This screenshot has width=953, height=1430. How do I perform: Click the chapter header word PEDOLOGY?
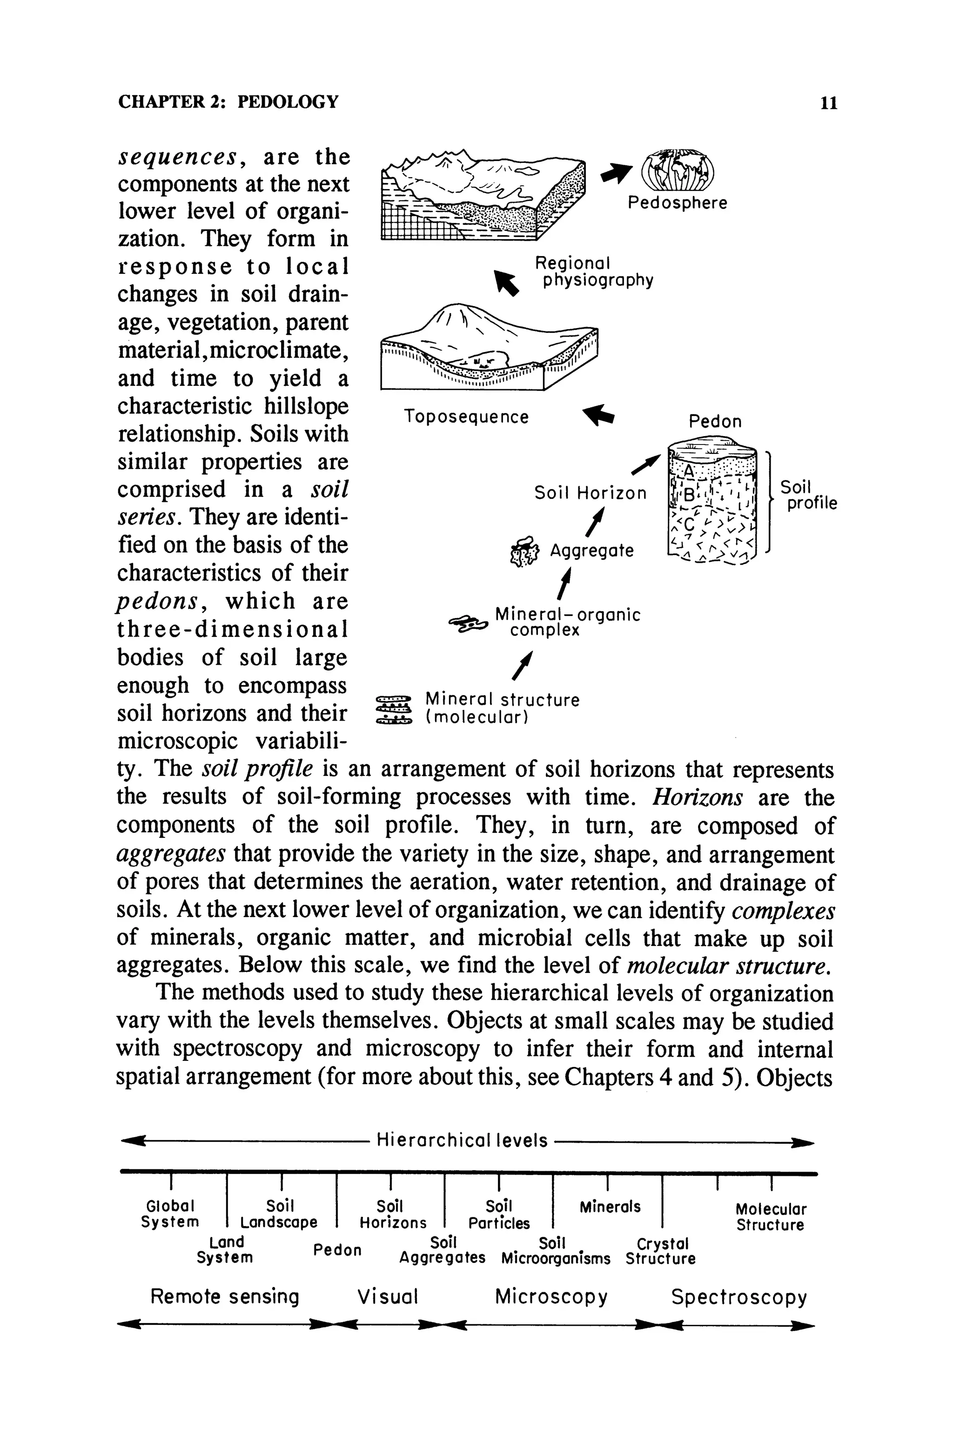click(x=288, y=101)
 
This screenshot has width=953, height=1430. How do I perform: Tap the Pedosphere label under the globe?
click(x=677, y=202)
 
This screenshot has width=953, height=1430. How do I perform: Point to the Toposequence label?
click(x=466, y=417)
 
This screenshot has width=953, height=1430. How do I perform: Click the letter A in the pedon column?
click(x=689, y=471)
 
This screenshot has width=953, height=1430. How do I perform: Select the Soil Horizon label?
click(x=590, y=492)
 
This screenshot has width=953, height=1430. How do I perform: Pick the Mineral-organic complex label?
click(x=567, y=622)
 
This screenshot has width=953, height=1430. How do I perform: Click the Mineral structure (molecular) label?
click(x=502, y=708)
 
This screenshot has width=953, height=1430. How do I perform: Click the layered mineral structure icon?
click(x=394, y=709)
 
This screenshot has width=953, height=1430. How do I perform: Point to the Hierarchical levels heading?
click(x=462, y=1140)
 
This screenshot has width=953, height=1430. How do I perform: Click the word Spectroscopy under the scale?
click(x=738, y=1297)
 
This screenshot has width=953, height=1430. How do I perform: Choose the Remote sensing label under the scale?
click(x=225, y=1297)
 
